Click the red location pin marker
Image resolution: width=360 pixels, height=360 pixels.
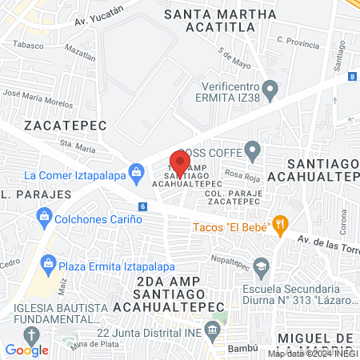coord(180,163)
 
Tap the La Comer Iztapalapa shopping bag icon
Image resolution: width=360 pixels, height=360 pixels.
coord(137,170)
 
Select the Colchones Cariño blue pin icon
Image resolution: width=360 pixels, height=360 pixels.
coord(43,214)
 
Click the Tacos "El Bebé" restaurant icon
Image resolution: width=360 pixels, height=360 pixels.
coord(280,226)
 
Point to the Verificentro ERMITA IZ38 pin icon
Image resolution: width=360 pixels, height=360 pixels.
coord(271,90)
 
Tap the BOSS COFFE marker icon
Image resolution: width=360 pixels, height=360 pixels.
coord(253,150)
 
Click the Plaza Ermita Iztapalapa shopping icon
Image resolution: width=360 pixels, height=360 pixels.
coord(49,262)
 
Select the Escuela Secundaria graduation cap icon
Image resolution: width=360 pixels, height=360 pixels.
coord(261,266)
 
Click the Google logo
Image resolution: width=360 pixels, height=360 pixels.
coord(26,350)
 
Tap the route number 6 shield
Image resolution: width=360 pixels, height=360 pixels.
coord(142,206)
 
